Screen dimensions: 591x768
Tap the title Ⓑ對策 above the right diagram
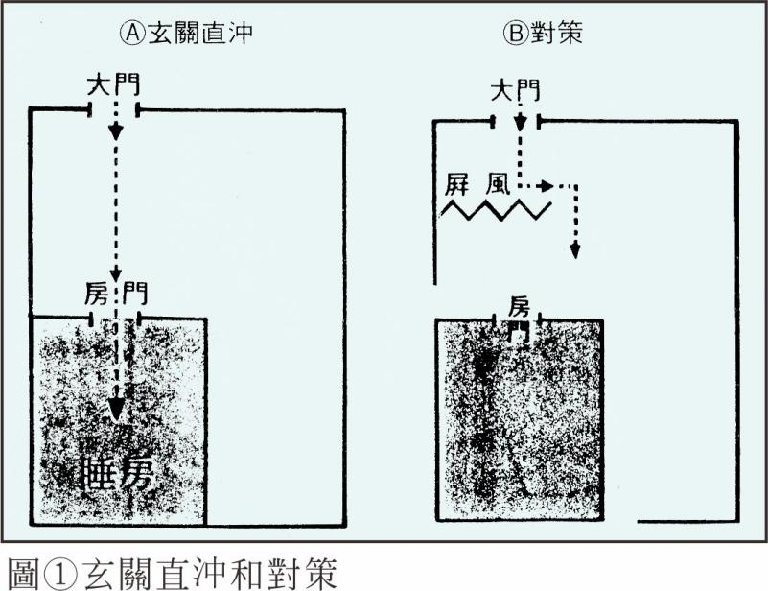[543, 32]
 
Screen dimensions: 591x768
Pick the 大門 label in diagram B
[515, 92]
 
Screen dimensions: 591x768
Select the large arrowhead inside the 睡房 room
[116, 411]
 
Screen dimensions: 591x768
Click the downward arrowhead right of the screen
[575, 249]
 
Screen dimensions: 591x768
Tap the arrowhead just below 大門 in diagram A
[116, 131]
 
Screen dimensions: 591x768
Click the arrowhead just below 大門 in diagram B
[519, 124]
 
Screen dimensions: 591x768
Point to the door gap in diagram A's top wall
[115, 110]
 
